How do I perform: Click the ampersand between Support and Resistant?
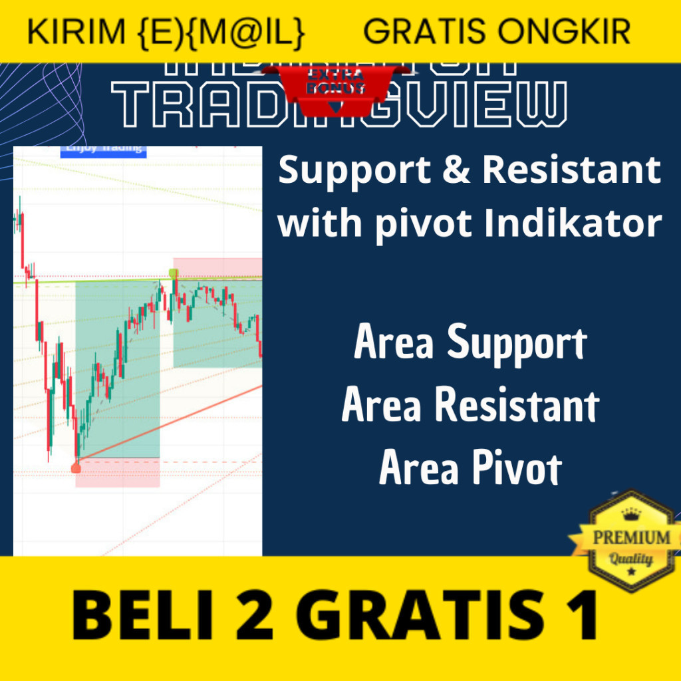[x=456, y=171]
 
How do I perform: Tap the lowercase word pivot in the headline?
[x=423, y=224]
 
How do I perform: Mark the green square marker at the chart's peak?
[x=174, y=273]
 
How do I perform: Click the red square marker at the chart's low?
[x=76, y=468]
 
